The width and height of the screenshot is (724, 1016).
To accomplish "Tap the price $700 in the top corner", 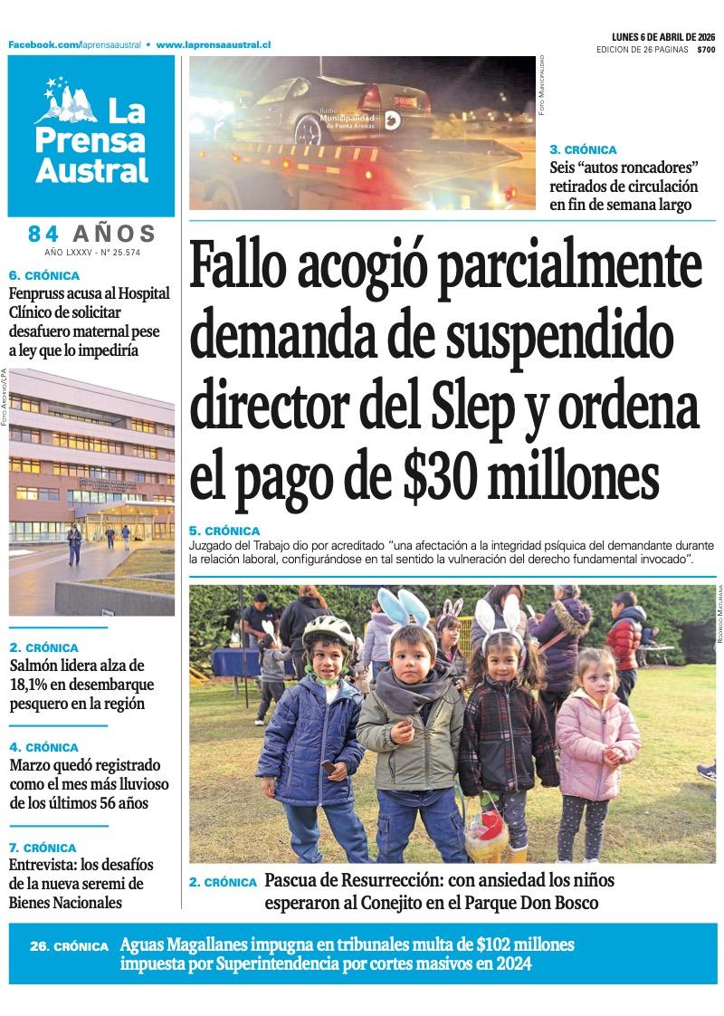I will [706, 50].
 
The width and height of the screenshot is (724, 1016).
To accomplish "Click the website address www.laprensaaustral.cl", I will [214, 43].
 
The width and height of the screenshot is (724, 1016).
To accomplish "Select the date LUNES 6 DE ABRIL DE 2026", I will [663, 37].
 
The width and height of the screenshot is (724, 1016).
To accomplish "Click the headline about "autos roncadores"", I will [624, 187].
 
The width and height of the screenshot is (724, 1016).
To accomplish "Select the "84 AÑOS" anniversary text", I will [92, 234].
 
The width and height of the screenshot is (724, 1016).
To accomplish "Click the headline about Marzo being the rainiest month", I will [89, 784].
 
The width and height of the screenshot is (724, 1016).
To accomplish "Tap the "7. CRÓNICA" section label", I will [43, 848].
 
